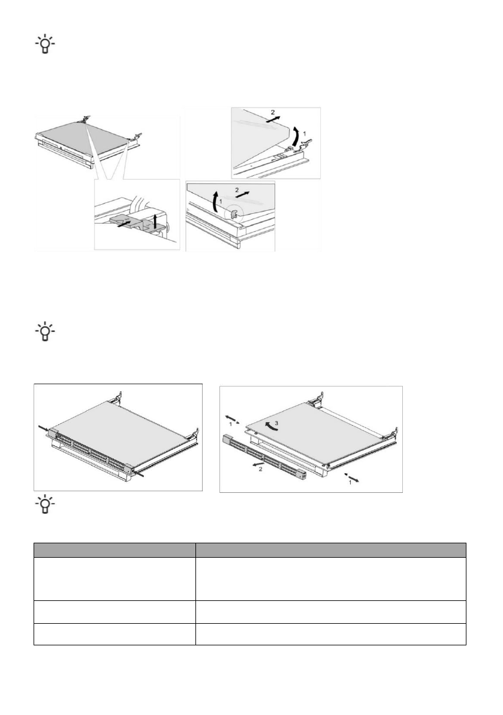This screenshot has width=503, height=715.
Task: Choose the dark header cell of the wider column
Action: click(331, 551)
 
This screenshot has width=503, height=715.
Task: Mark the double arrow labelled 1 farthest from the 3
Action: click(354, 477)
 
